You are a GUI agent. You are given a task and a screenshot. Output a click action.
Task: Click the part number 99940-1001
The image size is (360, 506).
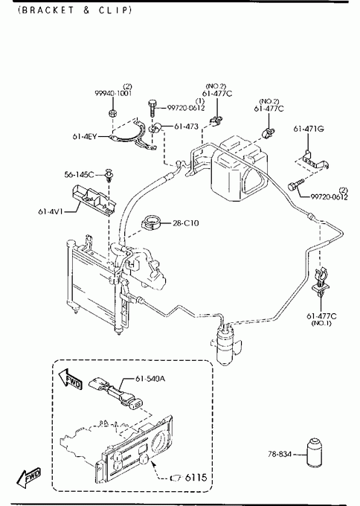(113, 93)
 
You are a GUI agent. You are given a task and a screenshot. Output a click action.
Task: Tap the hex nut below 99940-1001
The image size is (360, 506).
(112, 113)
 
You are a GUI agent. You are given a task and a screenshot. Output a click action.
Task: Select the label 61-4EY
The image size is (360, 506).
(85, 136)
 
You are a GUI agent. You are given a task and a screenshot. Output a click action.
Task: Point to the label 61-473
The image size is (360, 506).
(186, 126)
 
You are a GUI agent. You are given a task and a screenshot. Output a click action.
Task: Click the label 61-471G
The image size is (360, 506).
(309, 129)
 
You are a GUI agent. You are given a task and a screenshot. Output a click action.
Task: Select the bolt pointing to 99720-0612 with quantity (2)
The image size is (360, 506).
(295, 186)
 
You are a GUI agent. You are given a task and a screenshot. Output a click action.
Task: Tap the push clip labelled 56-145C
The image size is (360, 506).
(109, 175)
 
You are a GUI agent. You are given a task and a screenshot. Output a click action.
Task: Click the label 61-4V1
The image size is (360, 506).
(50, 211)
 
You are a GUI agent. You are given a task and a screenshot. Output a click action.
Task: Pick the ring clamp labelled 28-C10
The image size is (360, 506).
(151, 222)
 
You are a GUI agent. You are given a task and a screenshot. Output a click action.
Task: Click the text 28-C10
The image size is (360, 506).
(186, 223)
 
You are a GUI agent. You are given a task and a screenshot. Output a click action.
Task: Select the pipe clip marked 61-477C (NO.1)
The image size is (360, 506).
(321, 281)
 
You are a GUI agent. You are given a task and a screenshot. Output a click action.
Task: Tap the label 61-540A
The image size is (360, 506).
(150, 378)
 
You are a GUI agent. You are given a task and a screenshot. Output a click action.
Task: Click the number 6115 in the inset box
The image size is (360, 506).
(196, 477)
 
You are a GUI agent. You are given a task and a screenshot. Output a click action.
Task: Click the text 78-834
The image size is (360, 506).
(280, 454)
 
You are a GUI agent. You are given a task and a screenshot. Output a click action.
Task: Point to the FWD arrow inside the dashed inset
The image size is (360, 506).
(70, 379)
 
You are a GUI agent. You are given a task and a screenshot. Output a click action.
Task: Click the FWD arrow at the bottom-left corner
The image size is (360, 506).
(29, 477)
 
